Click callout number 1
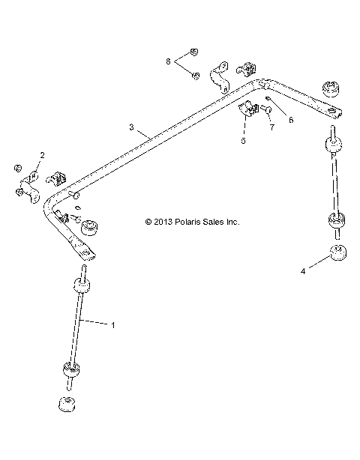(112, 324)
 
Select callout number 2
(42, 154)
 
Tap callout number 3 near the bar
(131, 127)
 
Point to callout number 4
(303, 272)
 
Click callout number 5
(242, 140)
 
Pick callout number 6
(291, 118)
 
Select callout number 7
(272, 128)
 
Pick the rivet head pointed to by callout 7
(265, 111)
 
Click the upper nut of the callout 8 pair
(193, 52)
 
